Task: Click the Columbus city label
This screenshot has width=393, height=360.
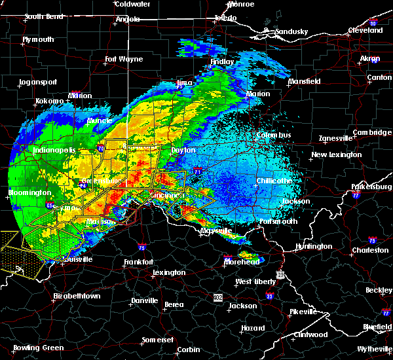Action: [x=272, y=135]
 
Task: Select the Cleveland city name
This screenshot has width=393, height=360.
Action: [x=365, y=30]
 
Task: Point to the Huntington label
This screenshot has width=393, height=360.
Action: [x=314, y=246]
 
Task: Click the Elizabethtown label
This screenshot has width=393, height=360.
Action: [x=77, y=296]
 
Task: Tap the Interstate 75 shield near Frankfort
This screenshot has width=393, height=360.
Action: [x=142, y=247]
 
